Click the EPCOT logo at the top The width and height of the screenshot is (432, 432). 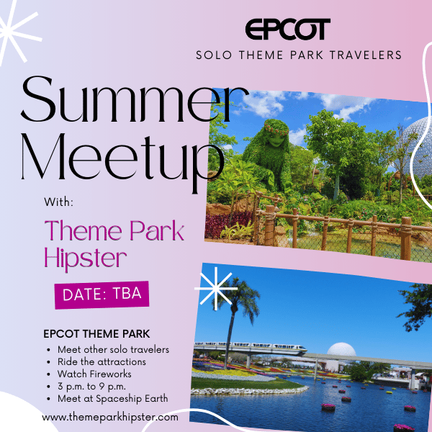(x=287, y=30)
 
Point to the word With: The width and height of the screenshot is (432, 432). (x=59, y=202)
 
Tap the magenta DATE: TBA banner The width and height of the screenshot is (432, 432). (x=102, y=294)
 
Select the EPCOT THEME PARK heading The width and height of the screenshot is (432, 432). (x=96, y=334)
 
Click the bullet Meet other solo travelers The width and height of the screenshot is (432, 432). (x=113, y=350)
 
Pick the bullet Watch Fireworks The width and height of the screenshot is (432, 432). (x=94, y=374)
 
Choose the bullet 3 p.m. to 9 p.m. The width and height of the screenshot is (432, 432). (x=91, y=387)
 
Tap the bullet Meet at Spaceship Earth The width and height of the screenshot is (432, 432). (x=113, y=399)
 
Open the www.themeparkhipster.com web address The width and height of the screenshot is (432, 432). (x=110, y=417)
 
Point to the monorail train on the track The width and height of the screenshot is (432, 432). (x=251, y=347)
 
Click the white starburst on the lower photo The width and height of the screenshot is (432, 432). (x=216, y=289)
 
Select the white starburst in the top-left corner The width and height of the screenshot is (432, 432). (x=17, y=32)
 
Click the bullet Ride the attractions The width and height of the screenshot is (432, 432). (x=102, y=361)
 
